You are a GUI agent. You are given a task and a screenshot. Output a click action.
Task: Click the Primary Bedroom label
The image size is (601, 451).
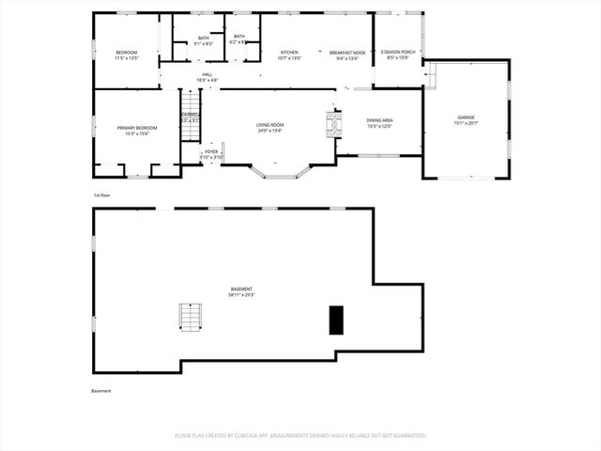click(137, 128)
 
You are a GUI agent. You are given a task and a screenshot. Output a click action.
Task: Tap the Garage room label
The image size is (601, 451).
click(467, 117)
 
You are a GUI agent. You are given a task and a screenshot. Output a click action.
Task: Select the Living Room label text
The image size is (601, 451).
click(270, 125)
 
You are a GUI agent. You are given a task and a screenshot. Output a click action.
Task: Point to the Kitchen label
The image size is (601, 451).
click(289, 52)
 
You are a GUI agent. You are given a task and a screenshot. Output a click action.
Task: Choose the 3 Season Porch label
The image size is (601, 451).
click(398, 52)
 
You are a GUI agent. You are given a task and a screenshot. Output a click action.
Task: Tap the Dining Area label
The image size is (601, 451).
click(378, 121)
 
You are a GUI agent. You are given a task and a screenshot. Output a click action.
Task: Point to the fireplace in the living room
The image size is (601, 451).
click(330, 123)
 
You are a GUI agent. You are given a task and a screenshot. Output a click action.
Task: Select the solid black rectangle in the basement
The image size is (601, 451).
click(335, 319)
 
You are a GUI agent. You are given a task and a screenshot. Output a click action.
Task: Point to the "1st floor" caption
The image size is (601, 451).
click(101, 194)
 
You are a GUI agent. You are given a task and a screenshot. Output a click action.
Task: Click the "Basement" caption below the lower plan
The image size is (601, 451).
click(101, 391)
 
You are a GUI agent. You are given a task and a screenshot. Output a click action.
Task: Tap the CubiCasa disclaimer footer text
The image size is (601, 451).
click(300, 436)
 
